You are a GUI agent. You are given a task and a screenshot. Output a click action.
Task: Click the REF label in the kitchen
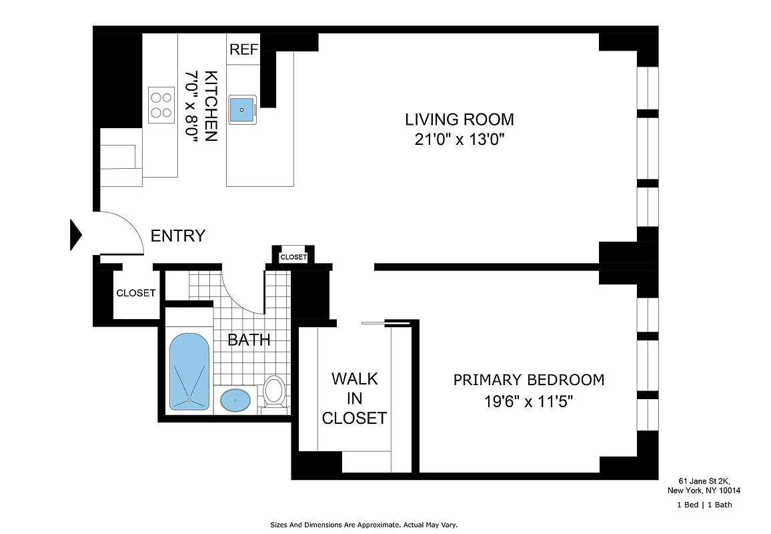click(x=243, y=49)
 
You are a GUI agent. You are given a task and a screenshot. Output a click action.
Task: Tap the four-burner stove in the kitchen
click(x=160, y=103)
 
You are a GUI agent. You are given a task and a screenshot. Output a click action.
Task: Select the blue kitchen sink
click(x=243, y=110)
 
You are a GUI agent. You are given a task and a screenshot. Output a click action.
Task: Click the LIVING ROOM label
click(x=460, y=119)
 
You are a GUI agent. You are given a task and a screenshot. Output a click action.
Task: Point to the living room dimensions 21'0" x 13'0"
click(x=460, y=140)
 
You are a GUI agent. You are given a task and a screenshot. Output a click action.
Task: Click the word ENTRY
click(x=177, y=236)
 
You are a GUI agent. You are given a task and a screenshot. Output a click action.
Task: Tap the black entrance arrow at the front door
click(x=75, y=235)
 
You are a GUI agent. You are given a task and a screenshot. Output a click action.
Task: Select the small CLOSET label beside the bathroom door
click(x=293, y=257)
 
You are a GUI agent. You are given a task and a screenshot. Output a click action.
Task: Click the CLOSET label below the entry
click(x=136, y=293)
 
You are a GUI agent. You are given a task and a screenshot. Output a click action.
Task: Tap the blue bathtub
click(x=190, y=371)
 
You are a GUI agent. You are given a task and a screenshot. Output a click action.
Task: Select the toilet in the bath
click(x=273, y=392)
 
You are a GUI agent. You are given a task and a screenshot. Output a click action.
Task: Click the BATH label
click(x=249, y=340)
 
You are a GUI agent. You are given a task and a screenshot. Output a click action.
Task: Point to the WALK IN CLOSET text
click(x=354, y=398)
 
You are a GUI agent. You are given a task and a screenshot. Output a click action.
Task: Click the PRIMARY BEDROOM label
click(x=529, y=380)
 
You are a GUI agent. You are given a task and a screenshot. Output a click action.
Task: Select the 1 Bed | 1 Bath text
click(x=704, y=505)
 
